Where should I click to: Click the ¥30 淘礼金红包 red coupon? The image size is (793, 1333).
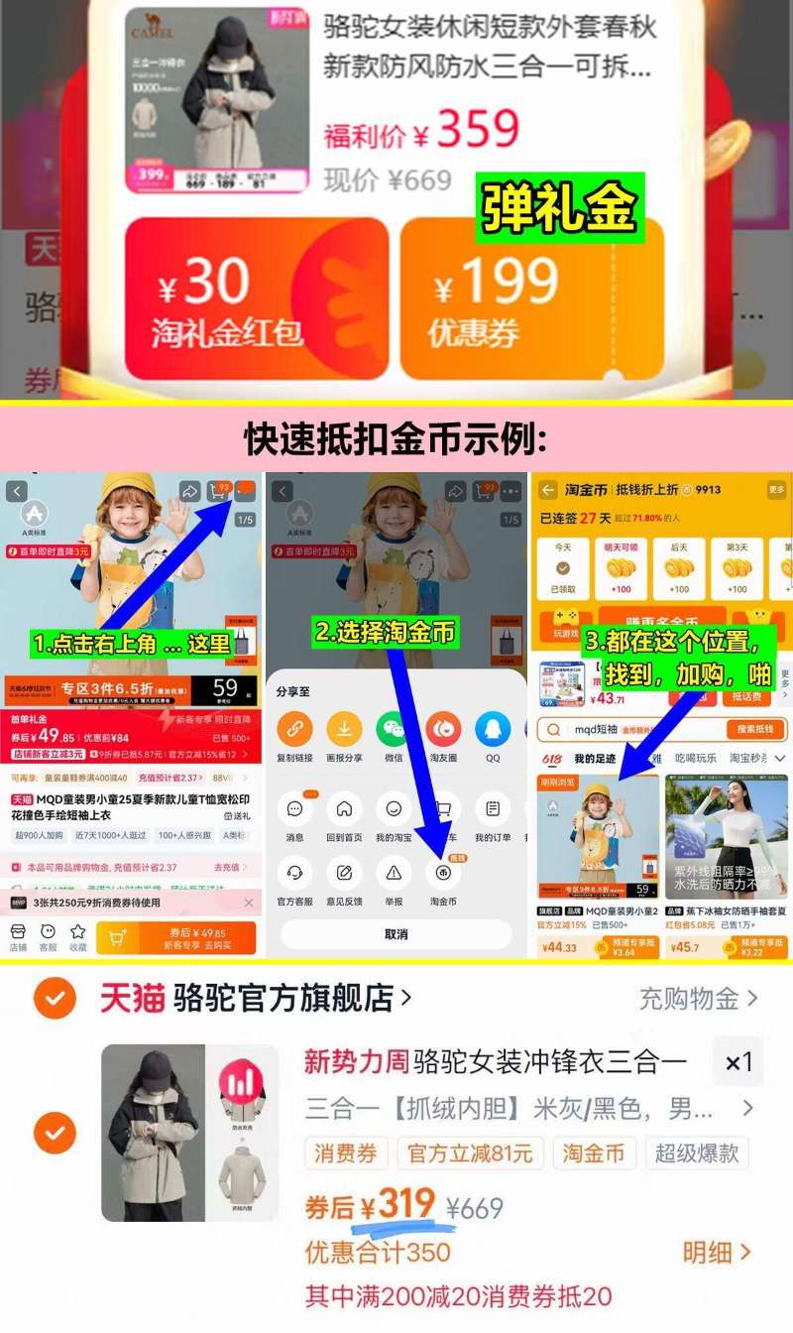click(256, 298)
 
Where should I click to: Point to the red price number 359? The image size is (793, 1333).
click(478, 130)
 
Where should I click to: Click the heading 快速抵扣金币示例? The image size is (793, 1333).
click(396, 437)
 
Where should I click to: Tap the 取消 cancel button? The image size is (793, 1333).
click(396, 934)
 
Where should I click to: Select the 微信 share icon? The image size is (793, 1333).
click(394, 731)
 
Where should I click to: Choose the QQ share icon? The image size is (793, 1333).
click(493, 731)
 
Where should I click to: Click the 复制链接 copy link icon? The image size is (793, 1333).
click(294, 731)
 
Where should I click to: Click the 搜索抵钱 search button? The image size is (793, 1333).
click(755, 730)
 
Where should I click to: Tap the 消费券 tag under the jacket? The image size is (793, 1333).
click(346, 1153)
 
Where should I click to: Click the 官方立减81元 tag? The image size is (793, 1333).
click(470, 1153)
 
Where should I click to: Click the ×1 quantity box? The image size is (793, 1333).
click(738, 1063)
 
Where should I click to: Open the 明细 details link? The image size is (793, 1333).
click(716, 1253)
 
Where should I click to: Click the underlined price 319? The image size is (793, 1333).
click(406, 1206)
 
